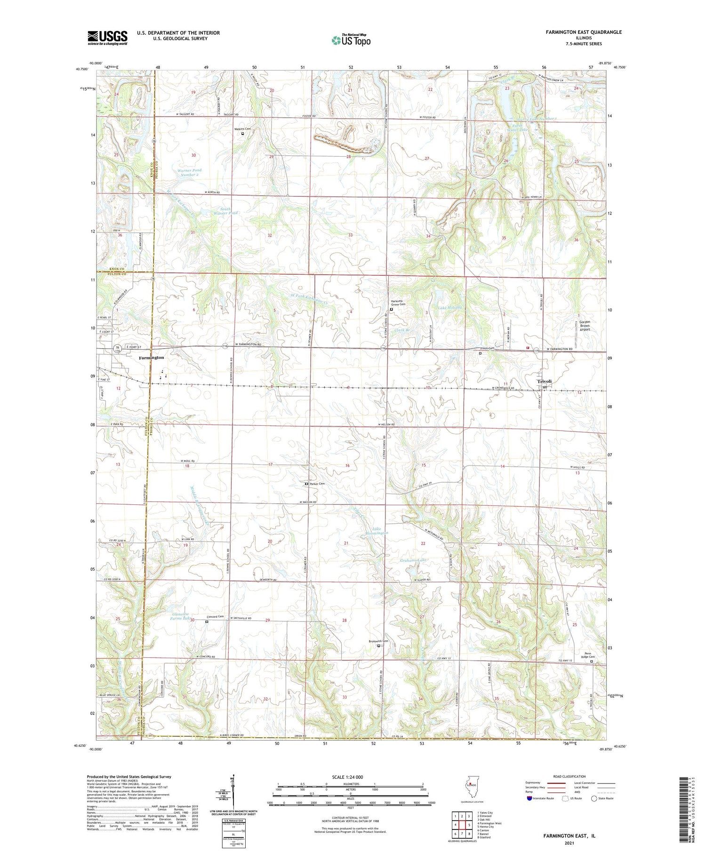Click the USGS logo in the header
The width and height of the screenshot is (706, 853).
click(107, 38)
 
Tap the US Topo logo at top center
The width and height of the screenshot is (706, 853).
click(351, 40)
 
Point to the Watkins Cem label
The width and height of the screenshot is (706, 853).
click(243, 129)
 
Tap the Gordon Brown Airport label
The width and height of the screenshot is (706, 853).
click(585, 326)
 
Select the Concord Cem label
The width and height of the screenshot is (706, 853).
click(215, 616)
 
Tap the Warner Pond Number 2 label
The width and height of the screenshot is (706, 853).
click(190, 172)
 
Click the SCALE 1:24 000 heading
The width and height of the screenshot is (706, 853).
click(348, 777)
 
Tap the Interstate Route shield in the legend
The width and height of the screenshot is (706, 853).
click(529, 798)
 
